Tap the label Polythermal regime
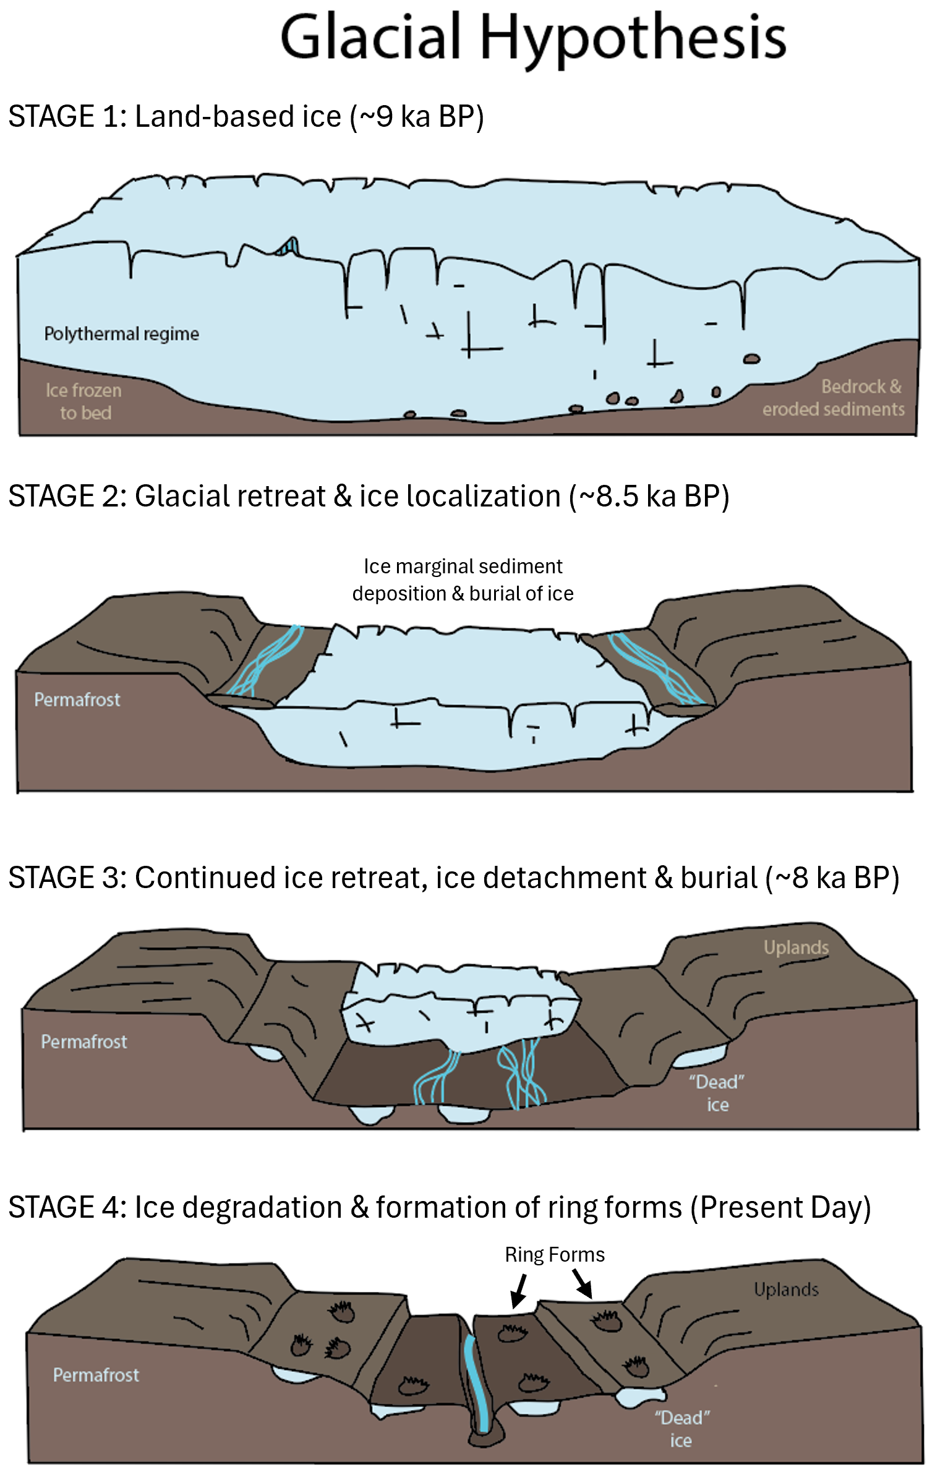(x=121, y=334)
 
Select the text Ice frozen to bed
(x=84, y=401)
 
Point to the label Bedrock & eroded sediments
(x=833, y=398)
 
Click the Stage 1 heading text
(x=245, y=116)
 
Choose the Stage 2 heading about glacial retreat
(x=369, y=496)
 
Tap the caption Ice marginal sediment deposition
(x=463, y=579)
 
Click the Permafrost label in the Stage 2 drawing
(x=77, y=699)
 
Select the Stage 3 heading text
(x=453, y=878)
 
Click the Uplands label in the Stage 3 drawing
(x=796, y=947)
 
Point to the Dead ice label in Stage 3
(x=717, y=1093)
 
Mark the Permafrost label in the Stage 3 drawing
(x=84, y=1041)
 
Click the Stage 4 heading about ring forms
(x=439, y=1207)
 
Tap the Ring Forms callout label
(x=555, y=1254)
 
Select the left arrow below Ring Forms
(x=518, y=1291)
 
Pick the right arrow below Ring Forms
(x=583, y=1284)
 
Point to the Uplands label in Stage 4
(x=786, y=1289)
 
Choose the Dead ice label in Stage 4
(x=681, y=1429)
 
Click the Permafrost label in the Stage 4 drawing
(x=96, y=1375)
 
